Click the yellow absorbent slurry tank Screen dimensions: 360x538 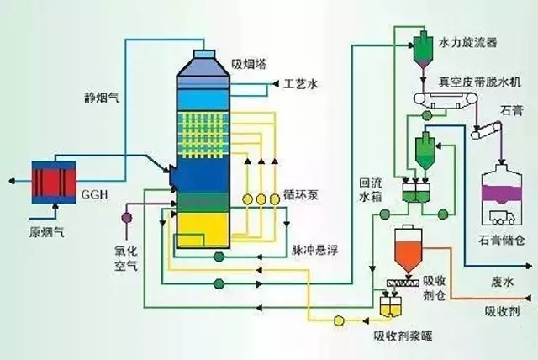[389, 308]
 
